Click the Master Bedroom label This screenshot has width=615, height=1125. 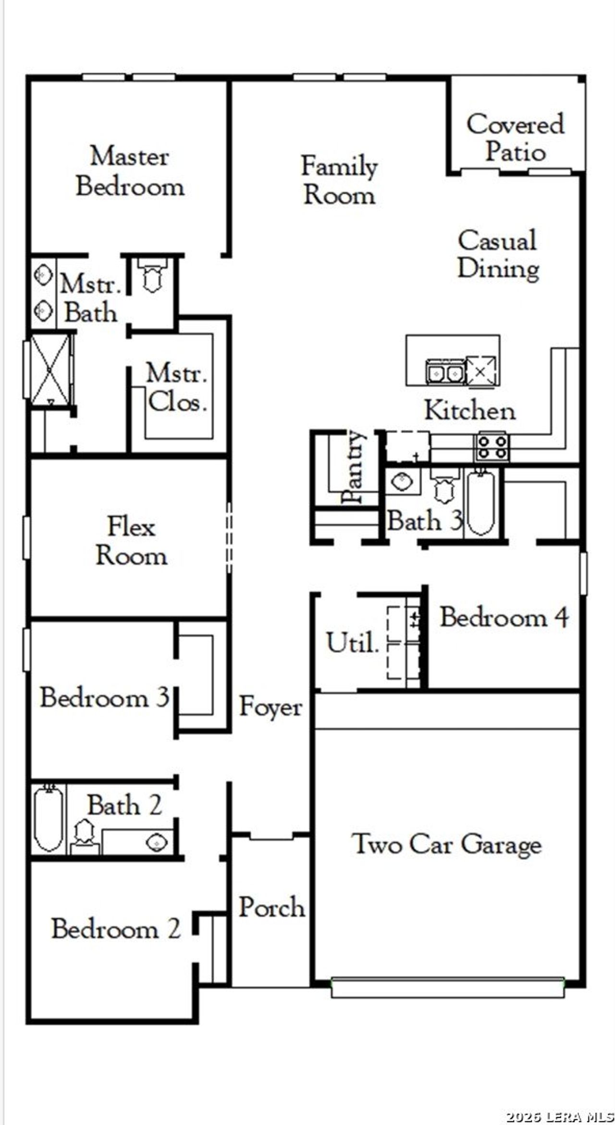[130, 172]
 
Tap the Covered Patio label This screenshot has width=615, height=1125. [515, 138]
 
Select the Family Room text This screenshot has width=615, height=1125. [339, 180]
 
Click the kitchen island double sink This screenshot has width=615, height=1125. [444, 372]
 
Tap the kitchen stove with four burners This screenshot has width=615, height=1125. [492, 447]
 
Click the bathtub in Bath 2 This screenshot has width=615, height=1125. [48, 819]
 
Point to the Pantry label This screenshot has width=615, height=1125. [355, 467]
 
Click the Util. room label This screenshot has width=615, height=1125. [352, 643]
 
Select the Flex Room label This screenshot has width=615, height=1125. [131, 541]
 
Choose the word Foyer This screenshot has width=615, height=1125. [271, 707]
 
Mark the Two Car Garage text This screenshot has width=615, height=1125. [446, 845]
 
